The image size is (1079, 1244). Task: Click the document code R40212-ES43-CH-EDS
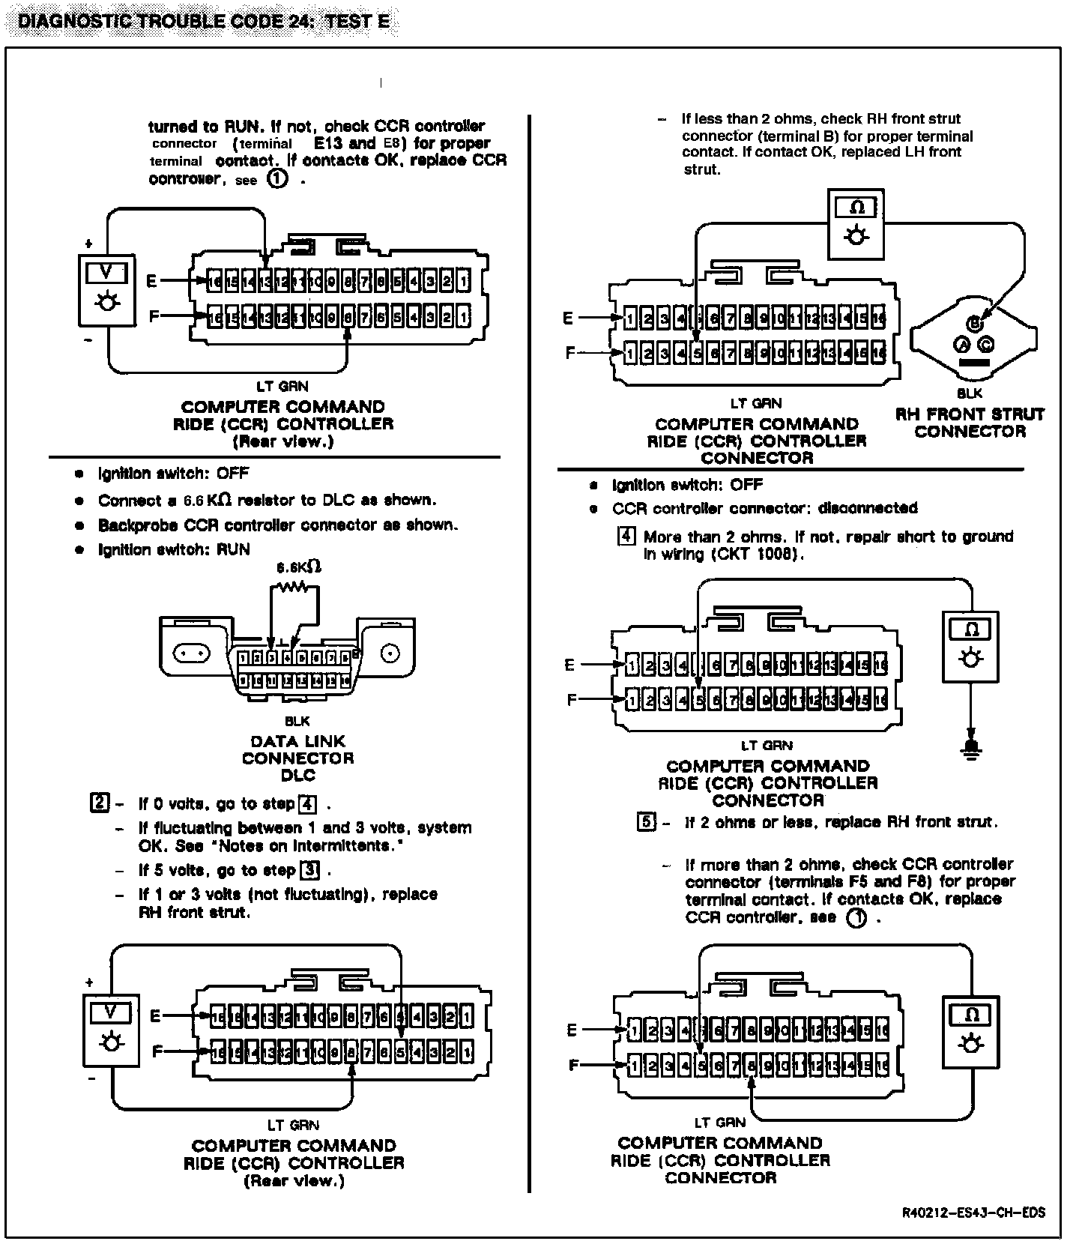click(x=974, y=1212)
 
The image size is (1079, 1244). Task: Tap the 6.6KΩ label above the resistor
click(x=299, y=567)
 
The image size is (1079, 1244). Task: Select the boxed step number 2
click(x=99, y=803)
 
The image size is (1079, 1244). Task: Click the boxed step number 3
click(x=309, y=870)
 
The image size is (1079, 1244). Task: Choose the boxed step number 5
click(x=646, y=822)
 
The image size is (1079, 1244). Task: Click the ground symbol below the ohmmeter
click(x=971, y=747)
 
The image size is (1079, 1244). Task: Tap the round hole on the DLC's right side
click(x=390, y=654)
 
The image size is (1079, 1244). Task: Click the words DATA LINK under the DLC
click(x=297, y=741)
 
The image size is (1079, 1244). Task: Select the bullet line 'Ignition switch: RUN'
click(x=174, y=549)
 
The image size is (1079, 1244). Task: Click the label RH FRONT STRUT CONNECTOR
click(x=970, y=423)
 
